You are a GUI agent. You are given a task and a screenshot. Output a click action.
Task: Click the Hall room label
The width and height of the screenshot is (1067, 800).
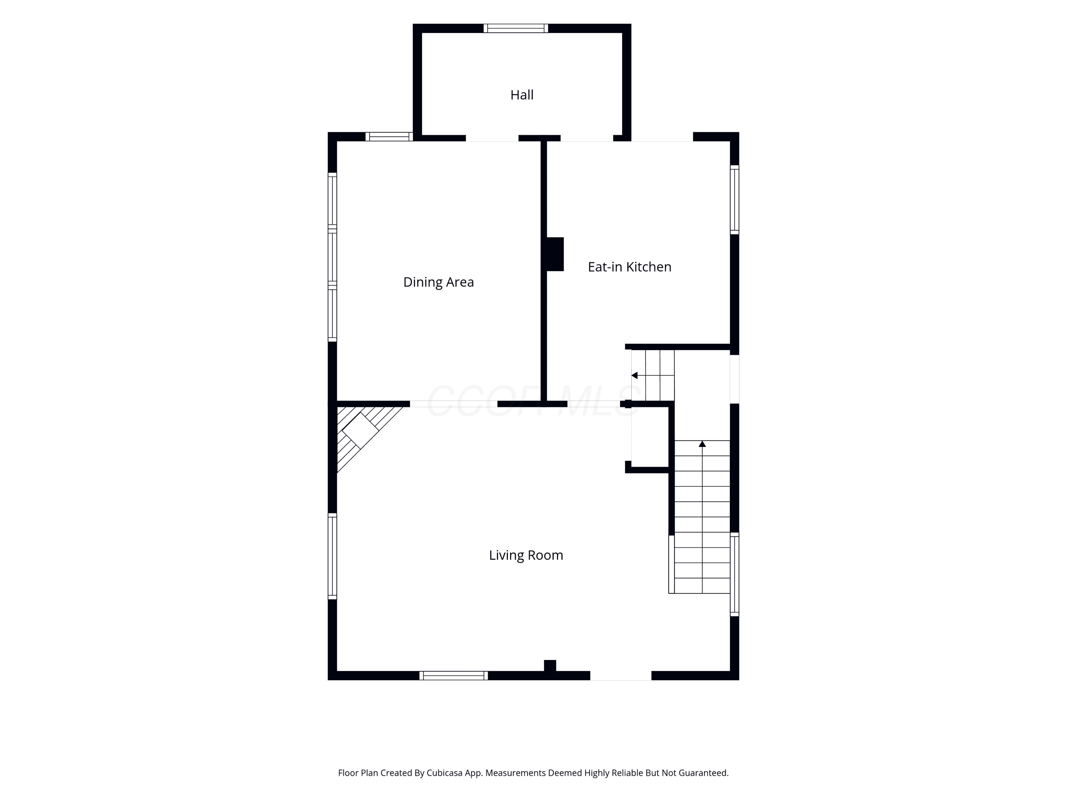pyautogui.click(x=522, y=95)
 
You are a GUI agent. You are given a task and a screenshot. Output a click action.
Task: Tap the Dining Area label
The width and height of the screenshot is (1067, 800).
pyautogui.click(x=439, y=282)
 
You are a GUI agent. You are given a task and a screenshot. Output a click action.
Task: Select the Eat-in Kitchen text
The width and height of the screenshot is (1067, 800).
pyautogui.click(x=630, y=267)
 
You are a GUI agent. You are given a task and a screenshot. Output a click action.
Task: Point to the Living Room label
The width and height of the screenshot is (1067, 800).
pyautogui.click(x=526, y=555)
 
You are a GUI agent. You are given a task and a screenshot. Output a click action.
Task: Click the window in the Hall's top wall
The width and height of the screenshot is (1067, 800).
pyautogui.click(x=516, y=28)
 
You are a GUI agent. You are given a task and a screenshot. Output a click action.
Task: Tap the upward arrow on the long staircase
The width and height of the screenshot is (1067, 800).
pyautogui.click(x=702, y=444)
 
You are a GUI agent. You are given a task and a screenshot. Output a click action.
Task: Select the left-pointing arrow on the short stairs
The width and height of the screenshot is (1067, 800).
pyautogui.click(x=634, y=375)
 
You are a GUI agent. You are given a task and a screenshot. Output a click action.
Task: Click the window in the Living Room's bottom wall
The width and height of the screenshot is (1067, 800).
pyautogui.click(x=453, y=676)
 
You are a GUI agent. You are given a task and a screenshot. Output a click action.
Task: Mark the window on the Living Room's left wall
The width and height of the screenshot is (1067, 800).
pyautogui.click(x=332, y=556)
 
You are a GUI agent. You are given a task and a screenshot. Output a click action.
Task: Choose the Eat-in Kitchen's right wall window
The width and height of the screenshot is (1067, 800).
pyautogui.click(x=734, y=199)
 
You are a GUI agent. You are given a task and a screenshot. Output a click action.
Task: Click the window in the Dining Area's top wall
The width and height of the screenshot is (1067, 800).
pyautogui.click(x=389, y=137)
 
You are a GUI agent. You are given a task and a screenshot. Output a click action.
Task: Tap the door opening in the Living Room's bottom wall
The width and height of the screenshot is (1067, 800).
pyautogui.click(x=621, y=676)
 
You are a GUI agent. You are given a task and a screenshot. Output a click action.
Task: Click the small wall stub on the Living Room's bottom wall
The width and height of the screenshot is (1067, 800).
pyautogui.click(x=550, y=666)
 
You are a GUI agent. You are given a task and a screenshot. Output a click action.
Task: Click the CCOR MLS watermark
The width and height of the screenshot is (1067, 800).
pyautogui.click(x=533, y=401)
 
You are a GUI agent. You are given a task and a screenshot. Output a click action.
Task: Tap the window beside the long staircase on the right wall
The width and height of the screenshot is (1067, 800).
pyautogui.click(x=734, y=574)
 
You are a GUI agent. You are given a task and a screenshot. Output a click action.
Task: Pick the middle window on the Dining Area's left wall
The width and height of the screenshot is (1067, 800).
pyautogui.click(x=332, y=257)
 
